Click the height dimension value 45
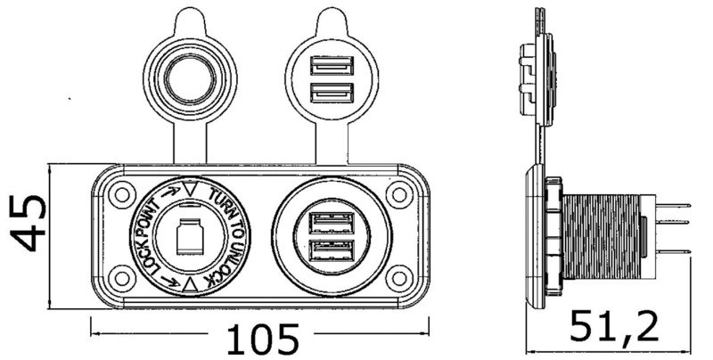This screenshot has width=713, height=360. [29, 225]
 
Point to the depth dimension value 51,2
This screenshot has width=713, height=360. [616, 326]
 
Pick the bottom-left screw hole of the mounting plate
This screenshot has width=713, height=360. [116, 273]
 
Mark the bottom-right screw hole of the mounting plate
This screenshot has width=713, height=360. [397, 273]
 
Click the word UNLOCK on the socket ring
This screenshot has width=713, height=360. [230, 258]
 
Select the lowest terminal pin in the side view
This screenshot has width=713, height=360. [677, 250]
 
